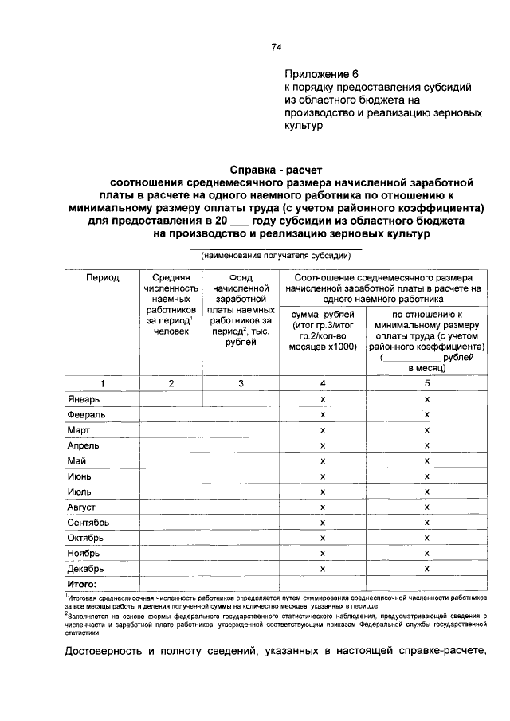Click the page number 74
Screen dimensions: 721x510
(x=277, y=47)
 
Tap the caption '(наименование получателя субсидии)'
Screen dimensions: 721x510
(x=276, y=256)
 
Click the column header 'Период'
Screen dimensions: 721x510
(x=103, y=277)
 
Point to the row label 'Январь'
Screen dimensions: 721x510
(x=84, y=398)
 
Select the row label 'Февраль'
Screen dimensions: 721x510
(x=85, y=414)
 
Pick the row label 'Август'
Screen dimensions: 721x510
(x=82, y=507)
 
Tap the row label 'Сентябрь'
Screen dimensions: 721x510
(x=88, y=523)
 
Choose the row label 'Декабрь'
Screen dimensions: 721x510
(x=85, y=570)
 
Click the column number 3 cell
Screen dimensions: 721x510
(x=241, y=383)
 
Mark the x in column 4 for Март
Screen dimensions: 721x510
(x=323, y=430)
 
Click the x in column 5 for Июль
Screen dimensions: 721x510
(x=427, y=492)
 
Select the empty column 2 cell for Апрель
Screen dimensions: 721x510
(x=172, y=446)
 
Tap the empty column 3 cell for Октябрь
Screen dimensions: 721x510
(x=241, y=539)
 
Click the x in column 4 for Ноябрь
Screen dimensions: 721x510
(x=323, y=554)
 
